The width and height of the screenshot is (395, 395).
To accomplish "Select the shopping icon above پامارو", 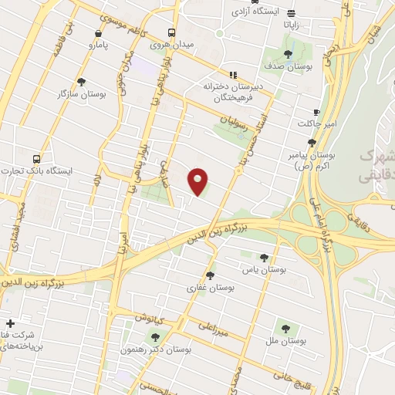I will pyautogui.click(x=98, y=33).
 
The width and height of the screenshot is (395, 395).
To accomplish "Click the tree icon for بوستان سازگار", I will pyautogui.click(x=81, y=82).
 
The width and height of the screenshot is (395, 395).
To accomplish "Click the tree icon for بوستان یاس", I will pyautogui.click(x=265, y=258).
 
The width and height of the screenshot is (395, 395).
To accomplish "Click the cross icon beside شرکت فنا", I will pyautogui.click(x=9, y=323).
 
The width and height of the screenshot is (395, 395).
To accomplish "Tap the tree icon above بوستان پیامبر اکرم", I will pyautogui.click(x=312, y=142).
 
